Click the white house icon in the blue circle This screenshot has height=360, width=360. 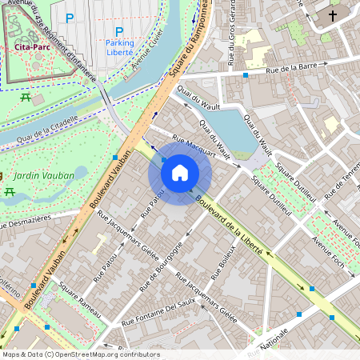click(180, 172)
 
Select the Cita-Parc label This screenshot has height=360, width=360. click(29, 48)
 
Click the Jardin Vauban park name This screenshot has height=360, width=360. click(44, 176)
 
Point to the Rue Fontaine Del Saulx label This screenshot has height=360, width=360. click(158, 313)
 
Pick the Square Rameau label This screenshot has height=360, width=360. click(78, 300)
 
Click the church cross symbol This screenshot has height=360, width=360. click(332, 15)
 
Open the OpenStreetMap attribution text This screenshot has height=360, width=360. click(80, 354)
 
